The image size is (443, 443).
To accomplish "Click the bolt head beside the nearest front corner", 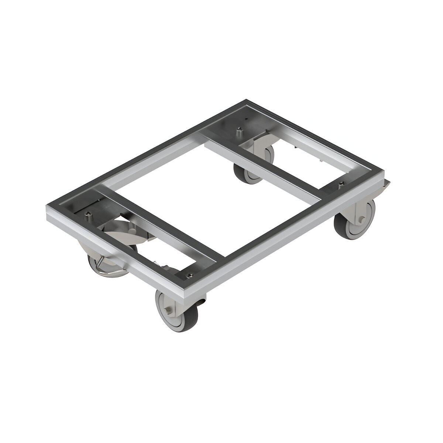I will point(189,274).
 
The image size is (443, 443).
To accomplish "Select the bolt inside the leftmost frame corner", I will point(90,214).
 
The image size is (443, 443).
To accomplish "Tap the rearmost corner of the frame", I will point(246,101).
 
